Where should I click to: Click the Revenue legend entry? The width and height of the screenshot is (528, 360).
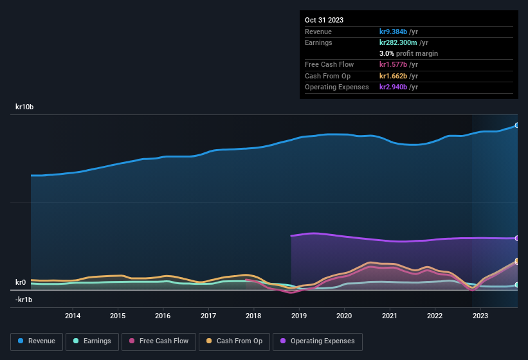(36, 341)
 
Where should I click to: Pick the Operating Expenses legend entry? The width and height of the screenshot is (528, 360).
(318, 341)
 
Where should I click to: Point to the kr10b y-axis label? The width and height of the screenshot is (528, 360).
(24, 107)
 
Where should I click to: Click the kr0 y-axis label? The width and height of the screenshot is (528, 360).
(21, 282)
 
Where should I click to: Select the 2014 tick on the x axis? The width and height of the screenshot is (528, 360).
(73, 316)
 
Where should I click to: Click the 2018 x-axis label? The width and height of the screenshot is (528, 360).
(253, 316)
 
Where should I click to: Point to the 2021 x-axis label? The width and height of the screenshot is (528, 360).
(389, 316)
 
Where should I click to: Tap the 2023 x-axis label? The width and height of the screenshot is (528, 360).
(480, 316)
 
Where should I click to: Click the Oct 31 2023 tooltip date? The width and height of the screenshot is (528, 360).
(324, 20)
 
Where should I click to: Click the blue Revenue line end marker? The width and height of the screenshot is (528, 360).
(517, 125)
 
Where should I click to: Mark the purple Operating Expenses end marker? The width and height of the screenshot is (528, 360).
(517, 238)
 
